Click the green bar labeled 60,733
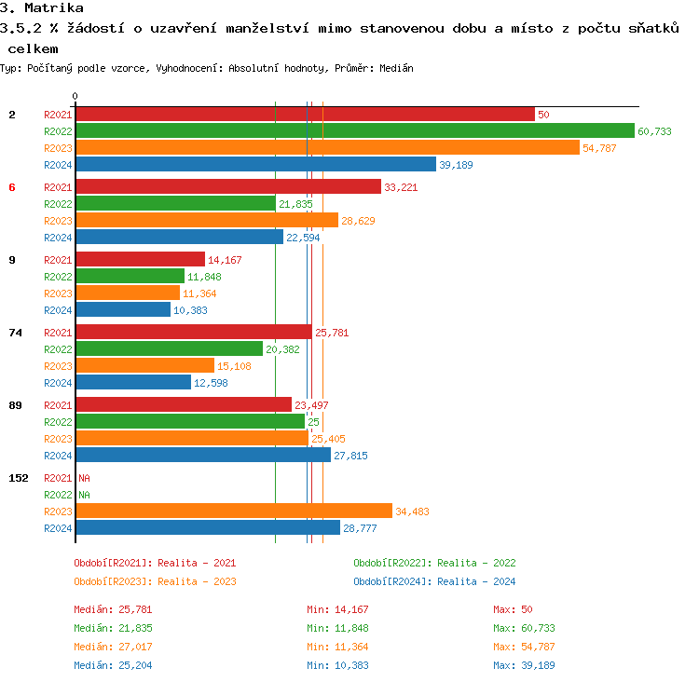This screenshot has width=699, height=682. point(354,131)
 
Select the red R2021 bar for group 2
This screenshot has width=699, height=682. point(305,115)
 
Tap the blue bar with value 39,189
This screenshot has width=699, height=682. point(255,165)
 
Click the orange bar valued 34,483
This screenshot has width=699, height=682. point(233,511)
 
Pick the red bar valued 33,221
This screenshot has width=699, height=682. point(228,187)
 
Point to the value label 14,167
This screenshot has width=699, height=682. point(225,260)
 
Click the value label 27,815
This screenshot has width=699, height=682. point(350,456)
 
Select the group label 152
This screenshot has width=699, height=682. point(18,478)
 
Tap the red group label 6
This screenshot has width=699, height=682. point(12,187)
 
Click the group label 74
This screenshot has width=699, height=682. point(15,333)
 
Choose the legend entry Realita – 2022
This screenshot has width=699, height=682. point(434,563)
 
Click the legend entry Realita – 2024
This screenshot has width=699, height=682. point(434,581)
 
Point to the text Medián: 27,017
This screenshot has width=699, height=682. point(113,647)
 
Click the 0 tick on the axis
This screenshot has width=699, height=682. point(75,96)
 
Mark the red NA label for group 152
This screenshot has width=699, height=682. point(84,478)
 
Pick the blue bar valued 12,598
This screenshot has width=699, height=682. point(133,383)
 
